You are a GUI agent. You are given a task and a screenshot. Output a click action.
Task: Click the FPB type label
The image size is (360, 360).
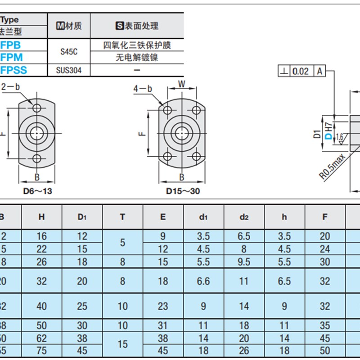[11, 45]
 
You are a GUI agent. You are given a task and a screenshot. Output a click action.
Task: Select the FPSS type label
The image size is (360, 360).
[14, 70]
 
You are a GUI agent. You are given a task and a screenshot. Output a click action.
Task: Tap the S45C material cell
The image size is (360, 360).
[69, 51]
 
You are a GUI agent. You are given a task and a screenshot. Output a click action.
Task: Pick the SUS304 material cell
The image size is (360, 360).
[69, 70]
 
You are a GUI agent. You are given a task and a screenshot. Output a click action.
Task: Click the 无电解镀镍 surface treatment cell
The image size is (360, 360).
[137, 58]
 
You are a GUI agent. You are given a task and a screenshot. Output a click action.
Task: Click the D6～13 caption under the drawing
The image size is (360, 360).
[37, 191]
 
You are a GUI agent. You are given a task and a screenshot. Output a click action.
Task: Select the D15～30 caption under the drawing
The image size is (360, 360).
[183, 191]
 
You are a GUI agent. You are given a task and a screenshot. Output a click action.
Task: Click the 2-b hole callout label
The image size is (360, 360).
[11, 87]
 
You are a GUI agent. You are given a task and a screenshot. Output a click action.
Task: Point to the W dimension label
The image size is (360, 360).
[182, 83]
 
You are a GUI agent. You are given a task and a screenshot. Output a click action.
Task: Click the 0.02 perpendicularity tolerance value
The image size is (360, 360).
[301, 71]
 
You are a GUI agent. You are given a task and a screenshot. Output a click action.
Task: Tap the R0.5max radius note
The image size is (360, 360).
[333, 166]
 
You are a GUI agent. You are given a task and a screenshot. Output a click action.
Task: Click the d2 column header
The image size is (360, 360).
[244, 217]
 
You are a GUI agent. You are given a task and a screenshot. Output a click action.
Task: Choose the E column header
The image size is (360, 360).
[163, 217]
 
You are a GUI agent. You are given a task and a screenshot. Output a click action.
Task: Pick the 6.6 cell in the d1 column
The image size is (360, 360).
[203, 281]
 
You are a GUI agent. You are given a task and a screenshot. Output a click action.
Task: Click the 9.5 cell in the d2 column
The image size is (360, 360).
[244, 261]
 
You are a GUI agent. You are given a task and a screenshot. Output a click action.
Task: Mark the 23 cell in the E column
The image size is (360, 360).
[163, 306]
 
